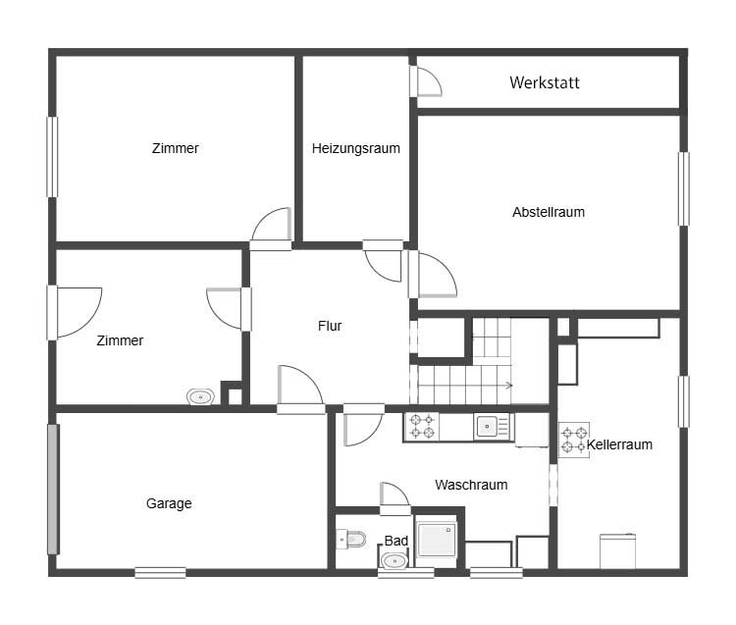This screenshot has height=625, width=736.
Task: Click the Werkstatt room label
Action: [545, 82]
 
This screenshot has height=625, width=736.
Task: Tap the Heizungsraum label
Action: [356, 148]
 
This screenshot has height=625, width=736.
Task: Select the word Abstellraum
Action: [549, 212]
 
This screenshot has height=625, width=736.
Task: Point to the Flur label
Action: [330, 326]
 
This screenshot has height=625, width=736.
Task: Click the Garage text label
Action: [169, 503]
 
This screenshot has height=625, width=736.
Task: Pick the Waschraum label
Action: [471, 485]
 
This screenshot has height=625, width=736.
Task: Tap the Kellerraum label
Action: [619, 444]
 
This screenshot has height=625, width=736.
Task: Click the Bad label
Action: [396, 541]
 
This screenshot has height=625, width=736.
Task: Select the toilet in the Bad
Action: [351, 539]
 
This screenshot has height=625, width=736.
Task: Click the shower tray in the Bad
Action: [436, 540]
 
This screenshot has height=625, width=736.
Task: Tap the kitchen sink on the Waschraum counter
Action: [492, 427]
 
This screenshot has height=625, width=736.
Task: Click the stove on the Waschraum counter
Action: [422, 427]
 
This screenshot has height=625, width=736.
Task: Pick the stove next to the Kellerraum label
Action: [574, 440]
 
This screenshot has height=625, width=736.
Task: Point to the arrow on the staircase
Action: [508, 386]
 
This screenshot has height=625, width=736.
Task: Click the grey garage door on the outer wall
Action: [53, 490]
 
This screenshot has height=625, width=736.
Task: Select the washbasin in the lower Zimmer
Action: [201, 397]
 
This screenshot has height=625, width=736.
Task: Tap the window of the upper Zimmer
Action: [52, 157]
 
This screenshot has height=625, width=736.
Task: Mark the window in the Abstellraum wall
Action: [684, 188]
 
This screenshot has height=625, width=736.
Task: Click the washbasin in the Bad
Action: [394, 560]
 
